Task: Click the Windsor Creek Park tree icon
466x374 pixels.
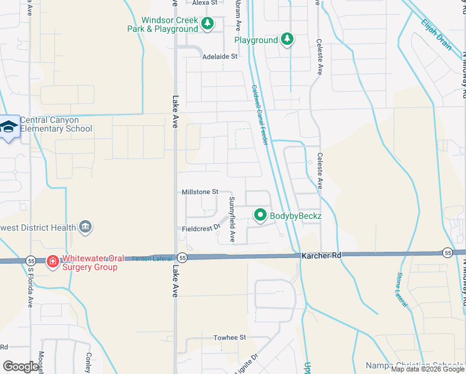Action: [207, 24]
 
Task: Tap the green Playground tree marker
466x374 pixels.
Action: [287, 40]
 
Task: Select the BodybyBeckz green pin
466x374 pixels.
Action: [260, 216]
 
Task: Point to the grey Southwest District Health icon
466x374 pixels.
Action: [86, 228]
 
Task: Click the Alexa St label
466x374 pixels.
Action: [204, 3]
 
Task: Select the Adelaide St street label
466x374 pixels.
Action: [220, 57]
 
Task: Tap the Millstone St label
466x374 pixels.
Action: [200, 192]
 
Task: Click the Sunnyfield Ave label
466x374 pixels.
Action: [232, 219]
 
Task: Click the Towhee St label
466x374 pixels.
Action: [231, 337]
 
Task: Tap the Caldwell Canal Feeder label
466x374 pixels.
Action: [260, 115]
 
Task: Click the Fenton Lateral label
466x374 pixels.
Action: [146, 257]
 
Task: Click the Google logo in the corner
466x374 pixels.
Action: [21, 367]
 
